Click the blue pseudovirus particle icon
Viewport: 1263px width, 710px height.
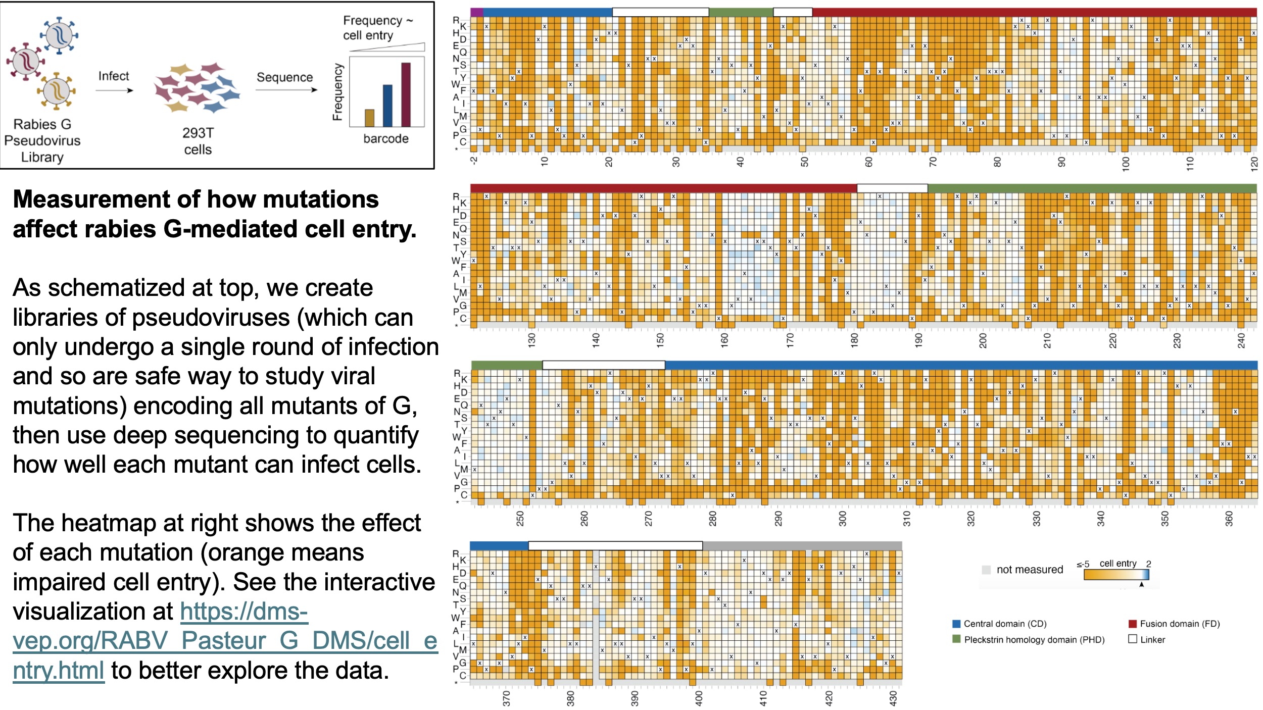(60, 35)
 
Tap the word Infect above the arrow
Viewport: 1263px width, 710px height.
(114, 76)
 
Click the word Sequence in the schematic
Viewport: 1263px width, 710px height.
(284, 77)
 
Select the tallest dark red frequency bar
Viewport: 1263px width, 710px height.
(406, 94)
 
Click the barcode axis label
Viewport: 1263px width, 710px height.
(386, 138)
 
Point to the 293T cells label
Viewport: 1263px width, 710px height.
(198, 141)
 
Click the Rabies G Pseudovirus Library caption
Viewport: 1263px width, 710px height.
(42, 140)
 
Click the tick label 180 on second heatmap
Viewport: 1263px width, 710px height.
(854, 340)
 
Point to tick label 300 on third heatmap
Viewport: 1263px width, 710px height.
(842, 518)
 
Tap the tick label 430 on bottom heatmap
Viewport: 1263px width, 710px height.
(893, 698)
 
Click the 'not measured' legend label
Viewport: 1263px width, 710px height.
(1029, 570)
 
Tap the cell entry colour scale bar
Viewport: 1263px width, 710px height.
(1116, 575)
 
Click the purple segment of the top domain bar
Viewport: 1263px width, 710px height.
(476, 12)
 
